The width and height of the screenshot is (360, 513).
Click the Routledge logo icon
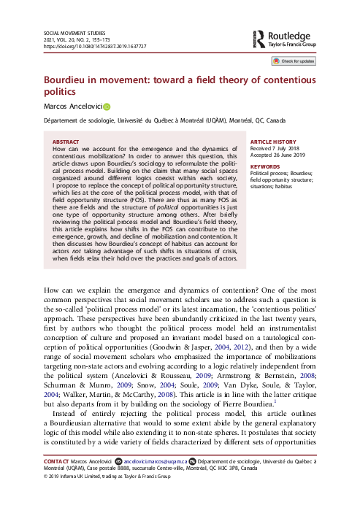pyautogui.click(x=259, y=38)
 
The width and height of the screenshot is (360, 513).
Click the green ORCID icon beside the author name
pyautogui.click(x=107, y=107)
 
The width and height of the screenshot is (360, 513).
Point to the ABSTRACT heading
pyautogui.click(x=66, y=142)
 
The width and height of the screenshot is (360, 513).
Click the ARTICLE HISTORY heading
pyautogui.click(x=274, y=142)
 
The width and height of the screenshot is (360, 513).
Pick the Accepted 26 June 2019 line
pyautogui.click(x=278, y=155)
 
